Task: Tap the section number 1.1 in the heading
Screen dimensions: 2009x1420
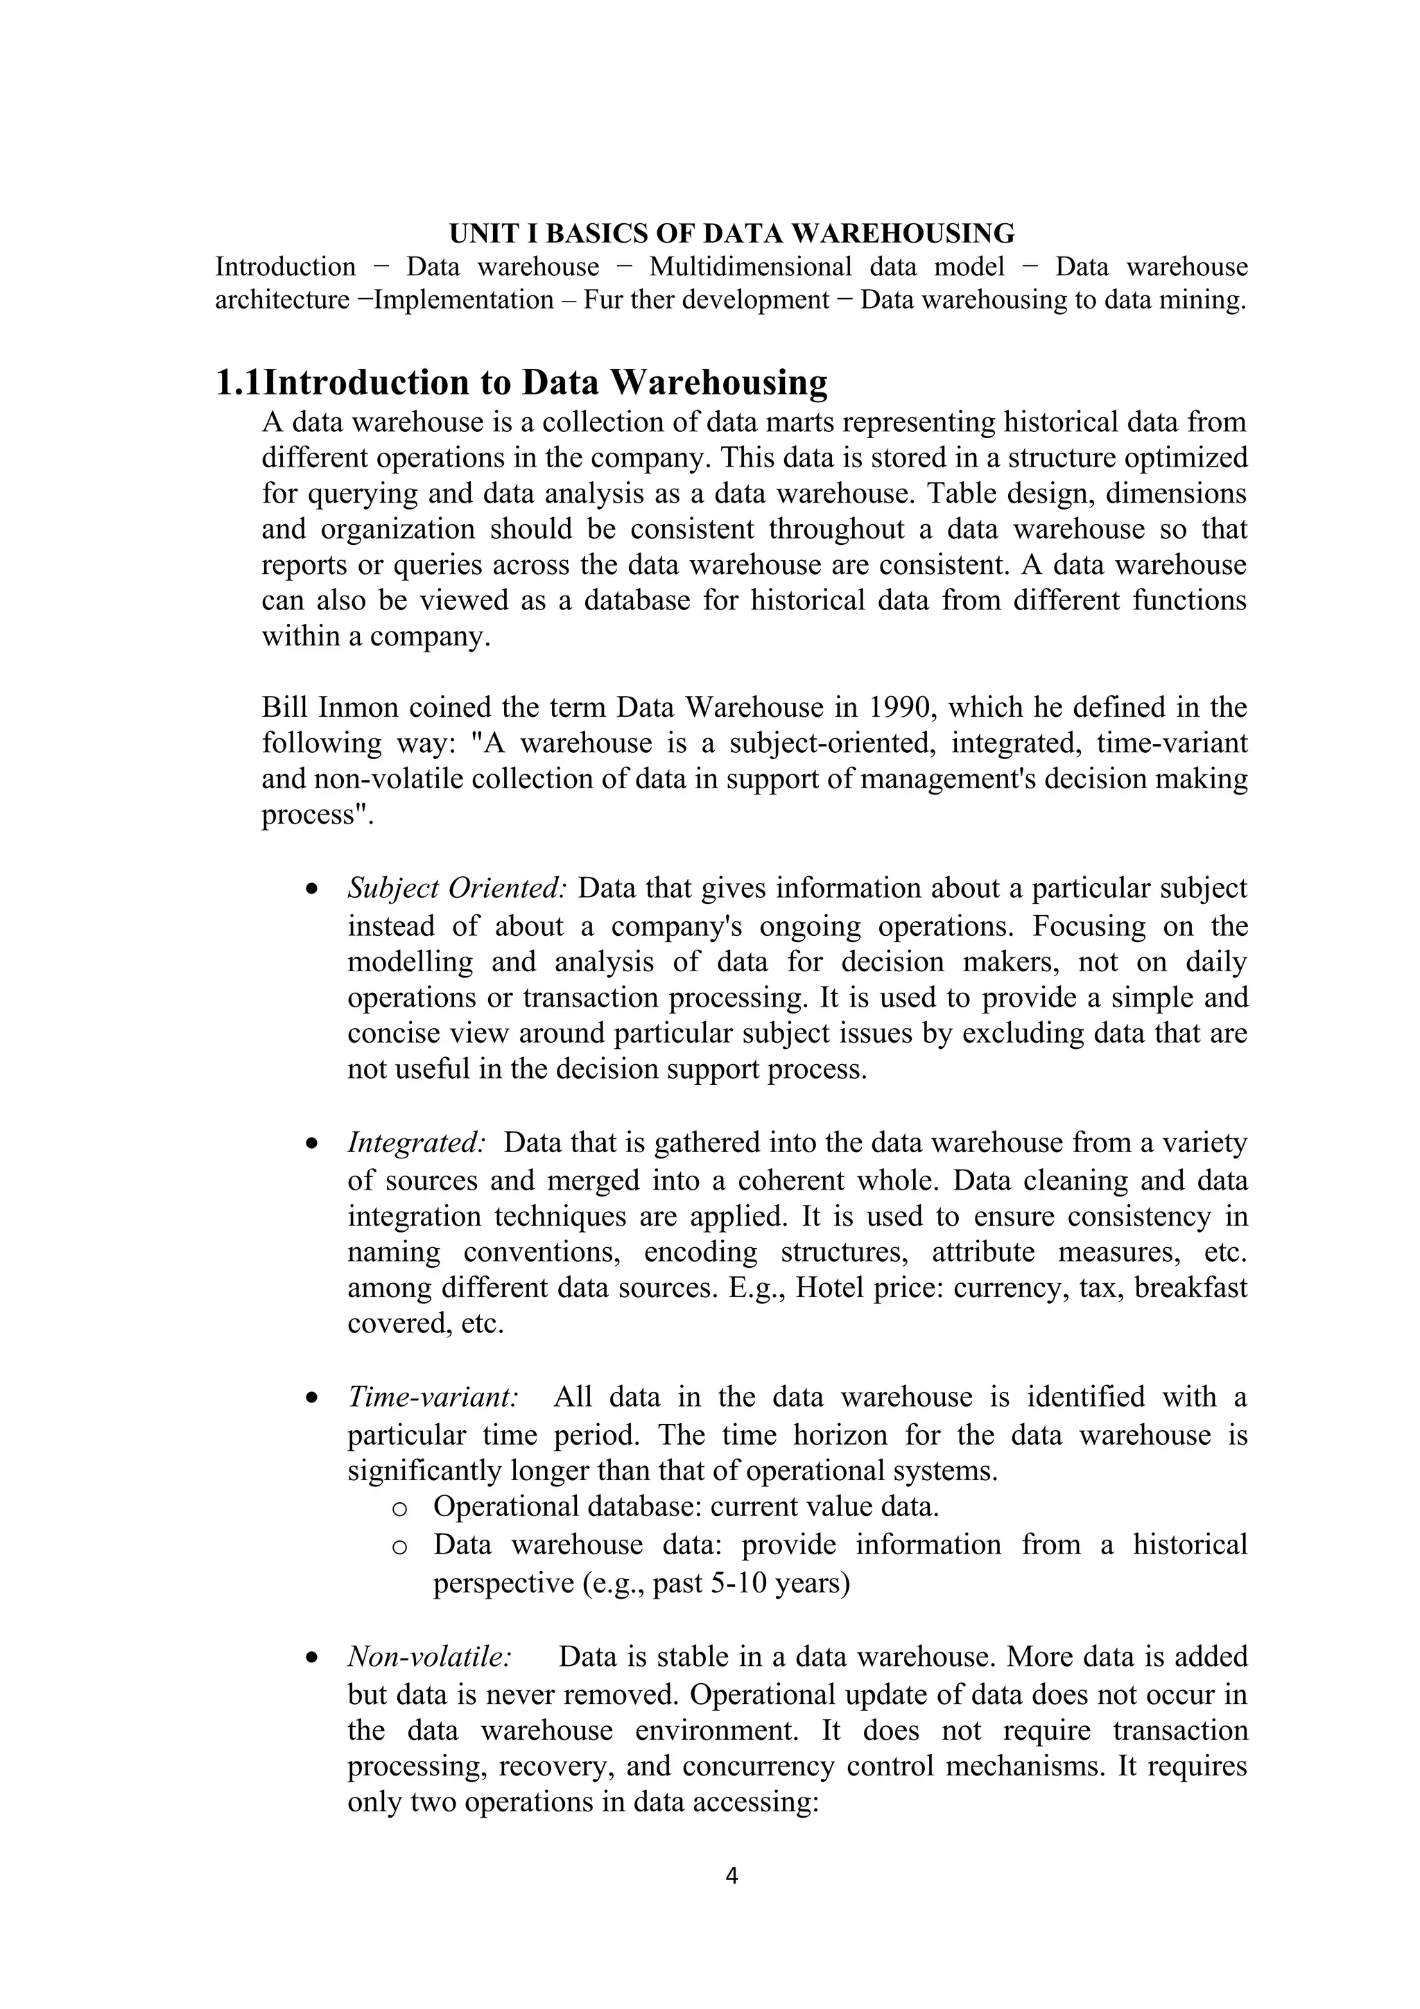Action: (x=238, y=383)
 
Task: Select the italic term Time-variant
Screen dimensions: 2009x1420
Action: (x=433, y=1396)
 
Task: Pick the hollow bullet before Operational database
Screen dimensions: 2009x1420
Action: (x=399, y=1508)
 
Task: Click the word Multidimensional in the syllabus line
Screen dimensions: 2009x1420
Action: (x=750, y=266)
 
